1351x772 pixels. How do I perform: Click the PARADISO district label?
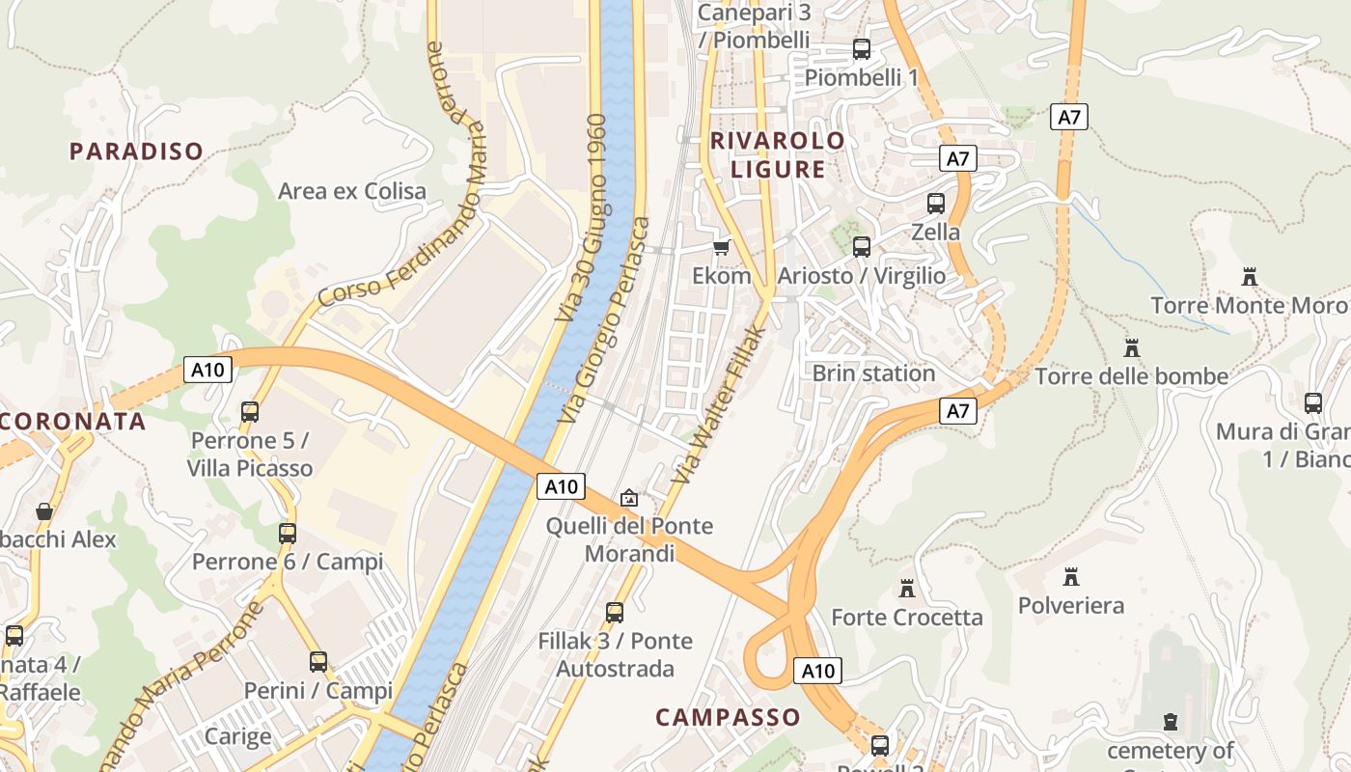(136, 152)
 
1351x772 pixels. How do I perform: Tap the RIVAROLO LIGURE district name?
(778, 154)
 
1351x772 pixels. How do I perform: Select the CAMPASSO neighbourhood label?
(728, 717)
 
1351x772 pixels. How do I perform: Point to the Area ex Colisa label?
(352, 191)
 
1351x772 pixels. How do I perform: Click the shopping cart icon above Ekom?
(721, 247)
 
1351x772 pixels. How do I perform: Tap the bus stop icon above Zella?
(935, 204)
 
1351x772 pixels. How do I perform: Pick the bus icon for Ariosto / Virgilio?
(862, 247)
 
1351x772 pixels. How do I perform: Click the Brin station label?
(873, 373)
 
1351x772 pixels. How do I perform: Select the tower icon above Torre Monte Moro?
(1250, 278)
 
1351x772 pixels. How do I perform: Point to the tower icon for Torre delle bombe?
(1131, 347)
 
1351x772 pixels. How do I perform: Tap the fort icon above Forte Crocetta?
(906, 589)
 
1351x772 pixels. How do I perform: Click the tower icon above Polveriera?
(1070, 577)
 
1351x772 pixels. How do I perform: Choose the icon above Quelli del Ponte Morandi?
(629, 498)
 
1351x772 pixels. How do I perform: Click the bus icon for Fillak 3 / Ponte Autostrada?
(614, 612)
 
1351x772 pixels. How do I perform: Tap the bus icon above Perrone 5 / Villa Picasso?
(250, 412)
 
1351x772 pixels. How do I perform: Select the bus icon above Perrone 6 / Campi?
(287, 534)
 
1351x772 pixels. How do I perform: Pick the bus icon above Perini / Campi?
(317, 662)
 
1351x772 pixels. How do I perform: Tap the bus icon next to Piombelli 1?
(862, 49)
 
